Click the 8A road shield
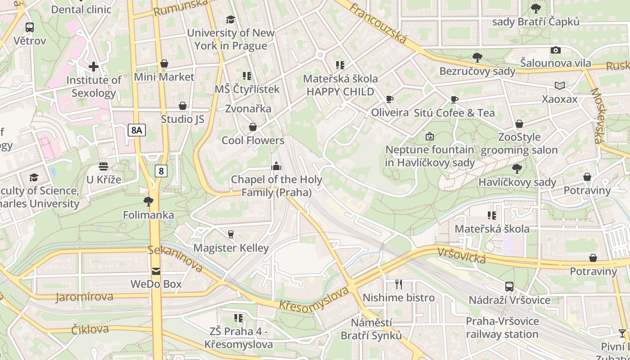[x=137, y=130]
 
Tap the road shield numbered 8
[x=161, y=171]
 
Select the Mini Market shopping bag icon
[x=164, y=64]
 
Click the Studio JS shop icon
[x=183, y=106]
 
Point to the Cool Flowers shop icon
[x=253, y=127]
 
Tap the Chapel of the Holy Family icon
[x=276, y=166]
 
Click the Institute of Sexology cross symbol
[x=94, y=67]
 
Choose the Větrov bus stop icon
[x=30, y=27]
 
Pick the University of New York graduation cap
[x=230, y=19]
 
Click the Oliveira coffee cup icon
[x=390, y=99]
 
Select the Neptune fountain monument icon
[x=430, y=136]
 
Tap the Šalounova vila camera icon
[x=556, y=50]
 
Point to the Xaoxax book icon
[x=560, y=85]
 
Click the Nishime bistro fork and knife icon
[x=398, y=284]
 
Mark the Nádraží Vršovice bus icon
[x=509, y=287]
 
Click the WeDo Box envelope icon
[x=156, y=271]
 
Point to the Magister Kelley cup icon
[x=231, y=234]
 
